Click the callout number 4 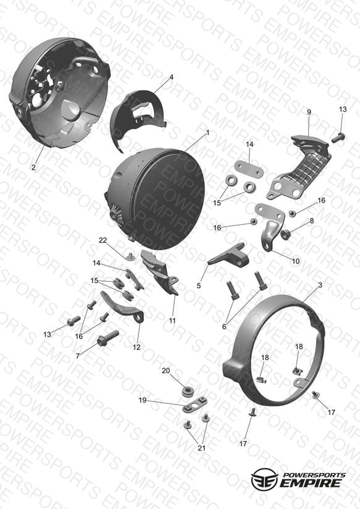pos(172,77)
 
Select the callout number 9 pos(309,112)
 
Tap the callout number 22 pos(103,240)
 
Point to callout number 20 pos(166,371)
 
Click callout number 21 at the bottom pos(201,448)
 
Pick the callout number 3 pos(320,285)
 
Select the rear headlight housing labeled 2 pos(59,93)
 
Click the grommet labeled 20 pos(187,392)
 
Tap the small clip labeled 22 pos(130,256)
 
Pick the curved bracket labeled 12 pos(122,306)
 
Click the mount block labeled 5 pos(230,255)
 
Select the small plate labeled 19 pos(195,403)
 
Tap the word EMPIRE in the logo pos(311,482)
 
